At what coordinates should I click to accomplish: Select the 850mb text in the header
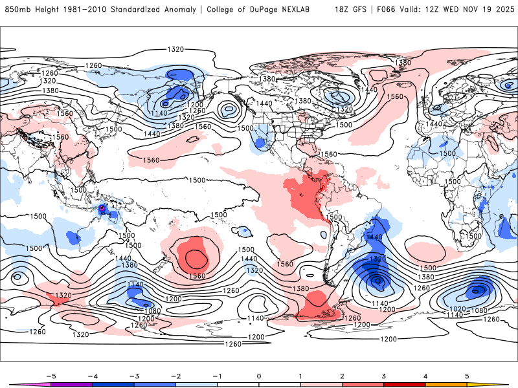17,10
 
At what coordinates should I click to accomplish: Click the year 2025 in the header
502,10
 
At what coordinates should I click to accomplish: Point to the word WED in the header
452,10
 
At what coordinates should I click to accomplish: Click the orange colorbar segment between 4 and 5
446,383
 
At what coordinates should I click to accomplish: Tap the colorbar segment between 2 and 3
363,383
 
